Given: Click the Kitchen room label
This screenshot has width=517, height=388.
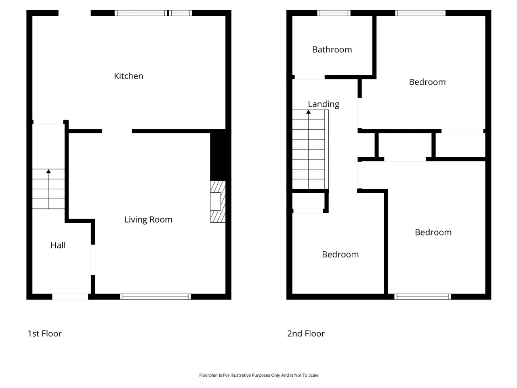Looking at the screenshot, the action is (128, 76).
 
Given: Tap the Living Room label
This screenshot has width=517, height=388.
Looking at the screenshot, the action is (148, 219).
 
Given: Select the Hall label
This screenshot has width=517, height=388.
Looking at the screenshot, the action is (58, 245).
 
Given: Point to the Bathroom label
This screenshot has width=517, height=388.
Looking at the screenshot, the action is (332, 49).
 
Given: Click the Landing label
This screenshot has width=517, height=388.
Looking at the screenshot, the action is (324, 104).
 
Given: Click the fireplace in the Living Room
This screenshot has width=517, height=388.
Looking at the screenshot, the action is (218, 201).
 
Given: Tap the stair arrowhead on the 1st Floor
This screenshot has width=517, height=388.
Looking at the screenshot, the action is (48, 171).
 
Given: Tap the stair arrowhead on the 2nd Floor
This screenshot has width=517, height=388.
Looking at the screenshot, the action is (308, 112).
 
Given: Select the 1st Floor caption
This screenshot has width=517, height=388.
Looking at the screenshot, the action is (44, 333).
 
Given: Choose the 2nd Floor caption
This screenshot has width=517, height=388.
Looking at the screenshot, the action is (306, 333).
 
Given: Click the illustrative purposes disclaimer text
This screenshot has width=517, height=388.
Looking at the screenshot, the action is (258, 375).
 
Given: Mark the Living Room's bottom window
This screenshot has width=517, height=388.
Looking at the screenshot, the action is (156, 297).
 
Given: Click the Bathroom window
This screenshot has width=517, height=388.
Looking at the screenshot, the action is (334, 13).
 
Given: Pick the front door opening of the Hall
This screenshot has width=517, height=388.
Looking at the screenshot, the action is (70, 297).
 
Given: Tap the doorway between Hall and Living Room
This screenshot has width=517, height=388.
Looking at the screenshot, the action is (93, 259).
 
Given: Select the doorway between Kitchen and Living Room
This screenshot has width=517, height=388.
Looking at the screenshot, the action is (117, 131).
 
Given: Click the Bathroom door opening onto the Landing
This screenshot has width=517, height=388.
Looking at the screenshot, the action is (309, 77).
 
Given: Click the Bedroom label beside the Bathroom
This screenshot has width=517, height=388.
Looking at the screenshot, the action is (427, 82).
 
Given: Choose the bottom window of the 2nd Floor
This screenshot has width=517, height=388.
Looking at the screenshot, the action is (422, 297).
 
